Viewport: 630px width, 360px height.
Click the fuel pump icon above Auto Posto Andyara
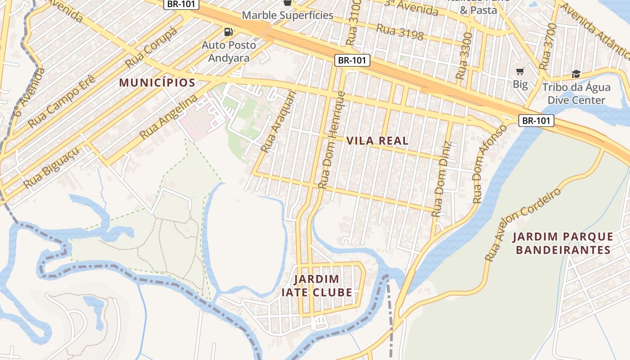[x=229, y=32]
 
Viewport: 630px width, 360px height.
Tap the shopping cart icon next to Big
[x=520, y=71]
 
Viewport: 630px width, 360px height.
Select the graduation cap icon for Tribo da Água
[x=576, y=74]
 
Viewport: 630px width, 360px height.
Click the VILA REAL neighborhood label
[x=378, y=141]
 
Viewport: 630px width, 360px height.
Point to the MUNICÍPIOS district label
[x=157, y=83]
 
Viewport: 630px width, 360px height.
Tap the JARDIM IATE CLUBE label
[x=317, y=286]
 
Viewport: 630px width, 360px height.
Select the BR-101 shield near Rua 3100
[x=352, y=60]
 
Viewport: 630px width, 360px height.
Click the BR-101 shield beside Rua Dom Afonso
[x=536, y=121]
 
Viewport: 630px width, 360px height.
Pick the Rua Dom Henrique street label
[x=332, y=140]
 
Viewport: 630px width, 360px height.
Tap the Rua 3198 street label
[x=400, y=32]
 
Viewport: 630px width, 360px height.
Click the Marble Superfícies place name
[x=288, y=15]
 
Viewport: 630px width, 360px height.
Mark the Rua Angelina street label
[x=168, y=117]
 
